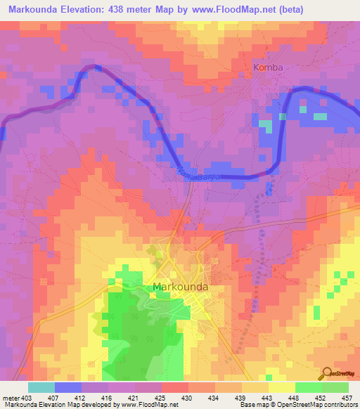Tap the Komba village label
click(268, 67)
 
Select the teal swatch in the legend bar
click(41, 387)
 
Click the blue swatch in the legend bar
click(68, 387)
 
